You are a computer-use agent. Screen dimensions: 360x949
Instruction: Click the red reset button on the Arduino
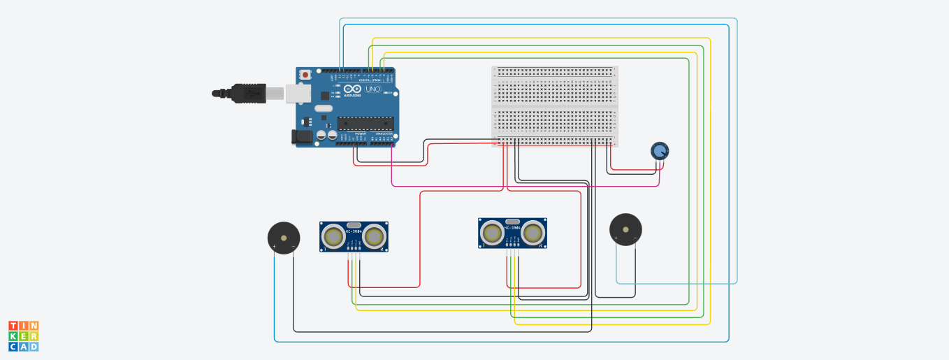click(305, 74)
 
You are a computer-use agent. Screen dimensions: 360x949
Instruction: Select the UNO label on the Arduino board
click(373, 89)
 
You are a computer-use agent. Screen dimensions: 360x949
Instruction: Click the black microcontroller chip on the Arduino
click(364, 123)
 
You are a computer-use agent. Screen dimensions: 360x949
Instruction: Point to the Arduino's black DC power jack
click(303, 137)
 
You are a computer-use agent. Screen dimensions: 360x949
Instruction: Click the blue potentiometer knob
click(659, 150)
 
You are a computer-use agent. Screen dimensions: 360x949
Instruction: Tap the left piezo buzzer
click(284, 236)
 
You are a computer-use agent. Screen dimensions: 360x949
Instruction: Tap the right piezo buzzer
click(625, 229)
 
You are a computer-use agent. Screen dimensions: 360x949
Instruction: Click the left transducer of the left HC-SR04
click(333, 237)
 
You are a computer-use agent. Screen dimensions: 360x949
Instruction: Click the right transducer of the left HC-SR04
click(375, 237)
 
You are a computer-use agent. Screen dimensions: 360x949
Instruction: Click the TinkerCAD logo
click(24, 336)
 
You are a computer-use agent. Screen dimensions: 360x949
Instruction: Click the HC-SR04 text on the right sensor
click(513, 226)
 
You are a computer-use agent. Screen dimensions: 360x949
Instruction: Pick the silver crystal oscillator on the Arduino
click(324, 108)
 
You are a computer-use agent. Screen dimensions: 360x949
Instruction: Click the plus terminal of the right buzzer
click(616, 239)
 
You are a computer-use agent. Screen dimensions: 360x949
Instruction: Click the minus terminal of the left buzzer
click(294, 246)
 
